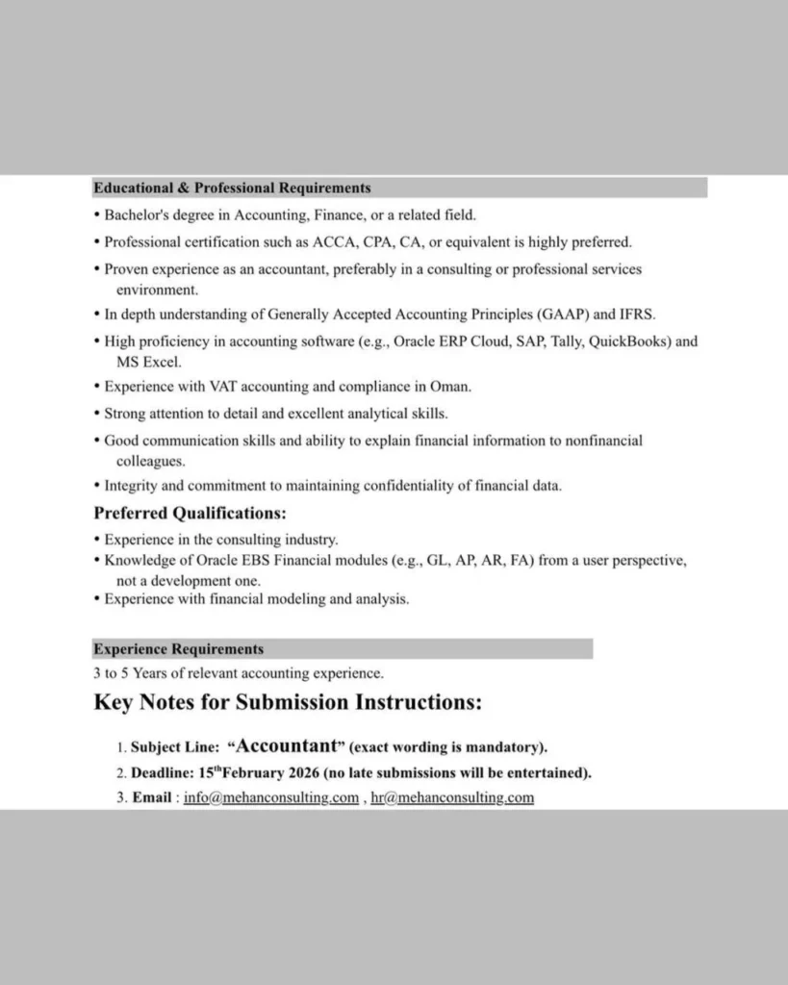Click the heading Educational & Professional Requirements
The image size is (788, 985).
(x=232, y=189)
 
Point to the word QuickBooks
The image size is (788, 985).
(x=629, y=341)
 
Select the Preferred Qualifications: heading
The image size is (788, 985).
(x=190, y=514)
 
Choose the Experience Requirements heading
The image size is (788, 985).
(x=178, y=649)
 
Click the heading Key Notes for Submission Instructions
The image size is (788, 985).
(x=288, y=703)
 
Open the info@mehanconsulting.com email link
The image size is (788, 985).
(x=271, y=797)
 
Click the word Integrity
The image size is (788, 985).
(x=130, y=486)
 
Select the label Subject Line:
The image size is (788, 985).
(x=174, y=747)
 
